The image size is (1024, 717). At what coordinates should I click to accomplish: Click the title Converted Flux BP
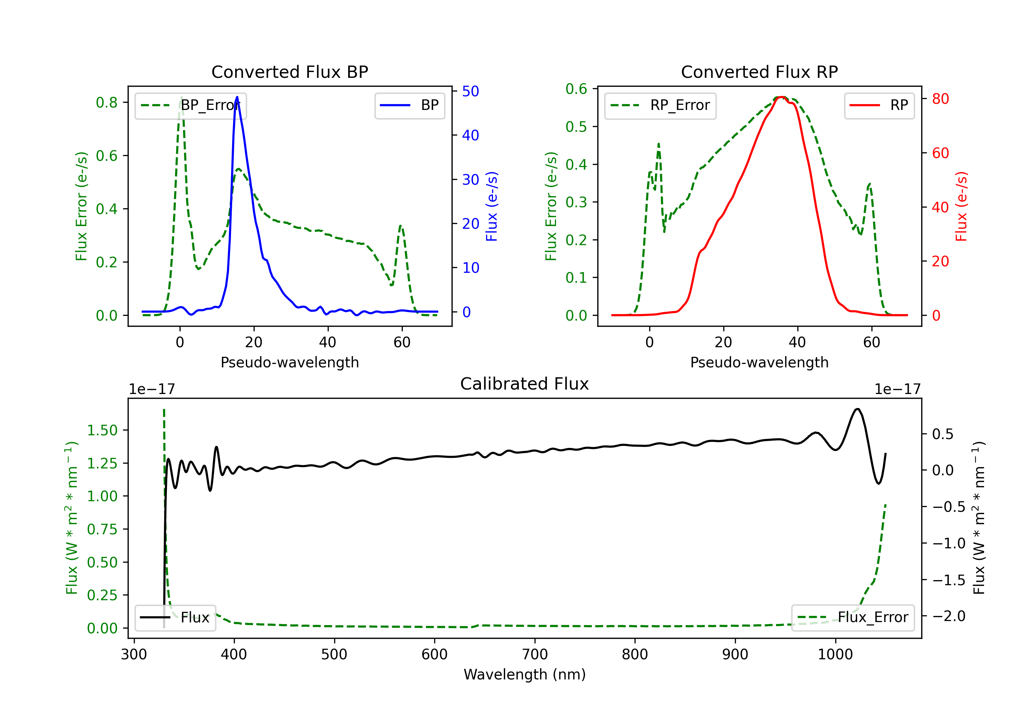pos(289,72)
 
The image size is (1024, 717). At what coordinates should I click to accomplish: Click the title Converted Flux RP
pos(759,72)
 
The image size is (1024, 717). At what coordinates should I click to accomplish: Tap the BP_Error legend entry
pos(191,105)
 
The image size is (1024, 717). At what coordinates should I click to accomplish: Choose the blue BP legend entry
pos(409,105)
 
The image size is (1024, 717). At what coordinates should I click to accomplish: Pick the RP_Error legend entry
pos(660,105)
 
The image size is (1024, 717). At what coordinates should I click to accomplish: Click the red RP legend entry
pos(879,105)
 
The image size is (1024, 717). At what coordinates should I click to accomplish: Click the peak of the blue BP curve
pos(237,97)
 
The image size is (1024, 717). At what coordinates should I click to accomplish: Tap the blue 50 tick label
pos(470,91)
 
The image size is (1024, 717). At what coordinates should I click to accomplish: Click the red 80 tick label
pos(940,99)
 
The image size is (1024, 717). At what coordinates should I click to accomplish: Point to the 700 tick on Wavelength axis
pos(535,655)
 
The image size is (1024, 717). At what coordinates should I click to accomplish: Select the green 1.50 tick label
pos(102,430)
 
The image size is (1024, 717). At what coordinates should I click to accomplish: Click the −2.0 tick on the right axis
pos(949,616)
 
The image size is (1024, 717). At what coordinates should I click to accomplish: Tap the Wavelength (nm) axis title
pos(525,674)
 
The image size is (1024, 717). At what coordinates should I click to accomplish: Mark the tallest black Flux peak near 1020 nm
pos(857,409)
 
